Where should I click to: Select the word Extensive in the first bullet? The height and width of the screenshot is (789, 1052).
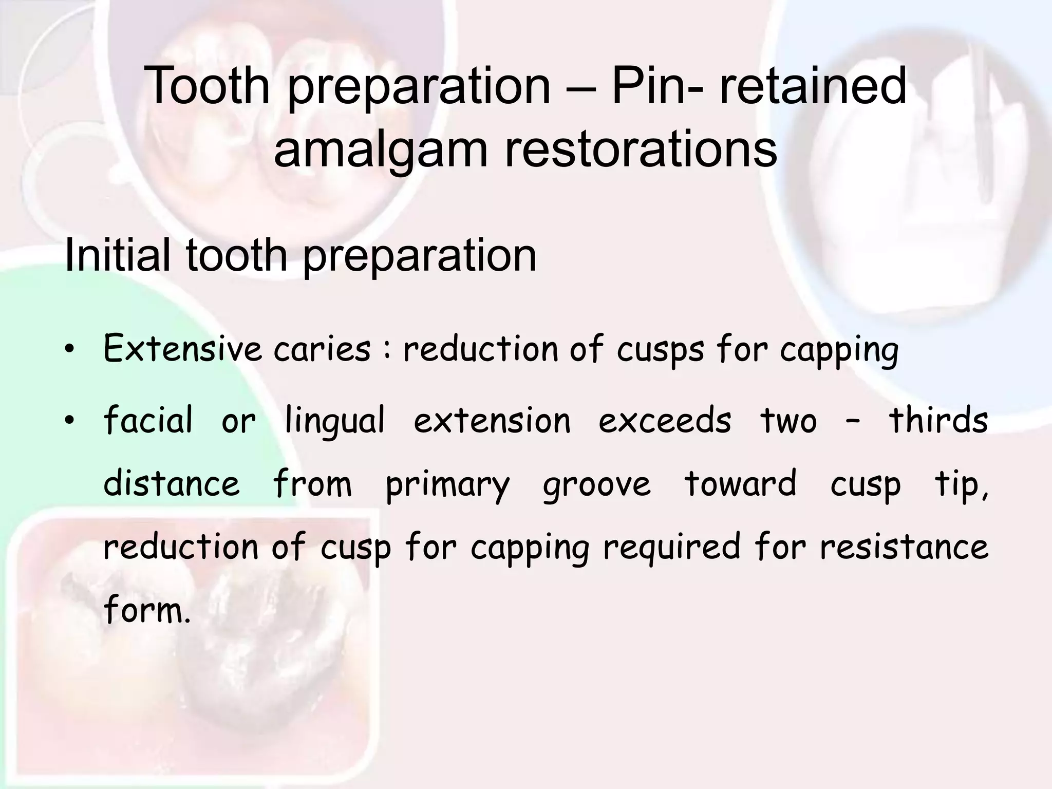(183, 349)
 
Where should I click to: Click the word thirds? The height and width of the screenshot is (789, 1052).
(938, 420)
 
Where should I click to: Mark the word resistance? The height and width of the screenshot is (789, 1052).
(904, 547)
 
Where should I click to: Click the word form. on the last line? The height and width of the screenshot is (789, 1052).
(147, 610)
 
